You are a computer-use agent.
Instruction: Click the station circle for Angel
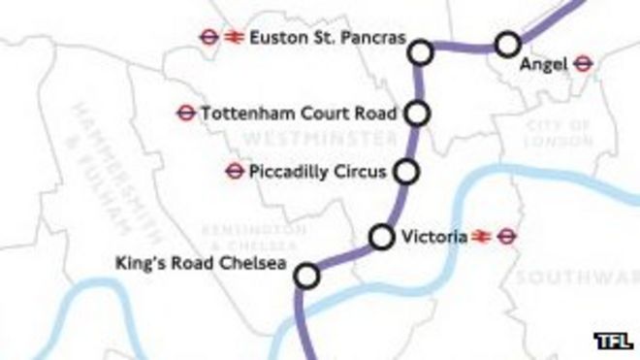[x=506, y=44]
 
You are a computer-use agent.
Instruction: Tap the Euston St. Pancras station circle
[x=421, y=51]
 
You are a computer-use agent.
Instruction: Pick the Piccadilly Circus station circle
[x=407, y=172]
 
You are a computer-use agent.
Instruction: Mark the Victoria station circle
[x=382, y=236]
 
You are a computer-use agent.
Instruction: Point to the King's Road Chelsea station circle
[x=306, y=277]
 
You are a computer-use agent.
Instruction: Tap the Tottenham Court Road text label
[x=299, y=113]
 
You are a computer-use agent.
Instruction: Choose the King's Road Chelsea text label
[x=204, y=262]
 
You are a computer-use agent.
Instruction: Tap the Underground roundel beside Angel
[x=582, y=64]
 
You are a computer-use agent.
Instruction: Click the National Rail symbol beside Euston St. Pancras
[x=233, y=38]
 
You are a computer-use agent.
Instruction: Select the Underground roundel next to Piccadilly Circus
[x=233, y=172]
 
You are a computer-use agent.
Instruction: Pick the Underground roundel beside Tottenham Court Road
[x=185, y=113]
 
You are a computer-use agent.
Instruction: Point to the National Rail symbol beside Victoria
[x=480, y=236]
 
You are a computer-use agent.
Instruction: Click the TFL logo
[x=613, y=341]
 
